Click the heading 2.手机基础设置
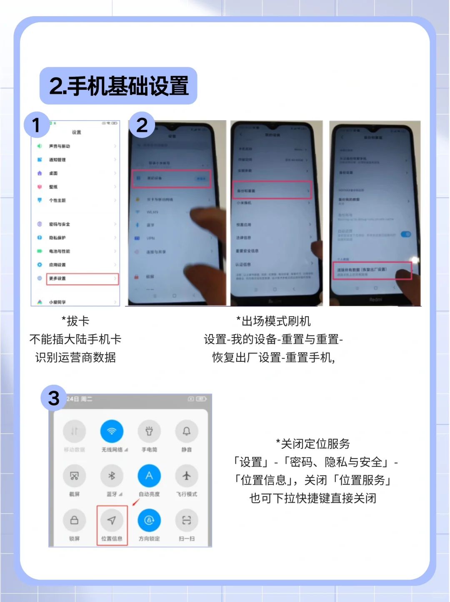click(118, 86)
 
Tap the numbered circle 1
click(37, 125)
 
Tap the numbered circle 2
click(142, 125)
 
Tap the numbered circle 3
click(54, 398)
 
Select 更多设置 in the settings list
click(82, 279)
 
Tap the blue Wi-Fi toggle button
click(112, 431)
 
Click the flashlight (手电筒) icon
click(149, 431)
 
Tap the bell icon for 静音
click(186, 431)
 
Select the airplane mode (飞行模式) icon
click(186, 476)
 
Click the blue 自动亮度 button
click(149, 476)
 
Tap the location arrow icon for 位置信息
click(112, 520)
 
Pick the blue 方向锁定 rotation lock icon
click(149, 520)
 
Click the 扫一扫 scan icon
click(186, 520)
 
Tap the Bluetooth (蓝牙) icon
click(112, 476)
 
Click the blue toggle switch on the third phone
click(405, 234)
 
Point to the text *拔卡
click(75, 321)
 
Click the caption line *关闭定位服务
click(313, 444)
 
